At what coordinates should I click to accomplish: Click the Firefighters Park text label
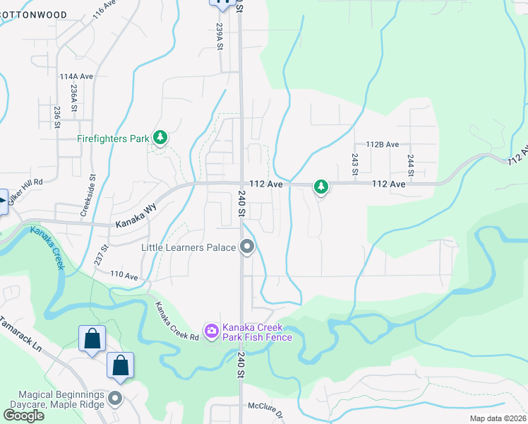click(x=113, y=139)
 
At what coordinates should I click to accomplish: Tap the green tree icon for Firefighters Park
click(x=160, y=136)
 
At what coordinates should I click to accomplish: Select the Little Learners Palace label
click(x=188, y=247)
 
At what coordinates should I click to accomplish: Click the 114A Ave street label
click(x=76, y=76)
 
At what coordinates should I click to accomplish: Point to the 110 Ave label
click(x=124, y=276)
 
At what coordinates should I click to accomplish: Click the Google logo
click(x=23, y=416)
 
